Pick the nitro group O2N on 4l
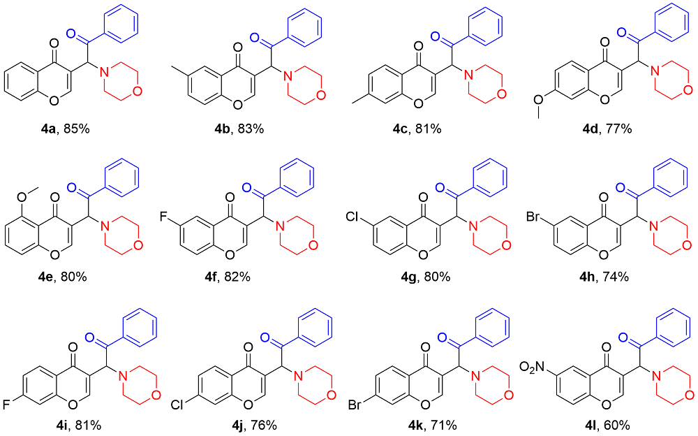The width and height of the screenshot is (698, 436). (535, 365)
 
